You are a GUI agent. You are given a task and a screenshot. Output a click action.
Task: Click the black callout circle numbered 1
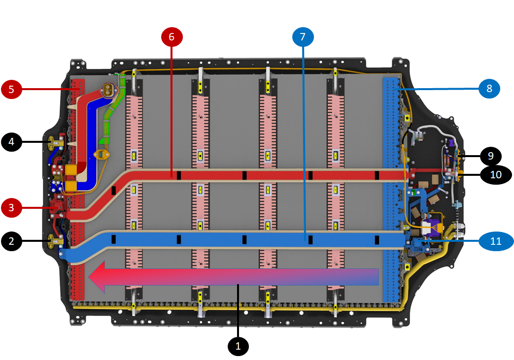pyautogui.click(x=238, y=346)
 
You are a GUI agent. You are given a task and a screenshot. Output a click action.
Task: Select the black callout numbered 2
pyautogui.click(x=11, y=241)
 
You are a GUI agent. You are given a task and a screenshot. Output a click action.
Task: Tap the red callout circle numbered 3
pyautogui.click(x=11, y=207)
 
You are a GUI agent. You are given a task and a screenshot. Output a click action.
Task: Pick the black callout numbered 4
pyautogui.click(x=11, y=143)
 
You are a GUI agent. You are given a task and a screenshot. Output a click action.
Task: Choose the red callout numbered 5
pyautogui.click(x=11, y=89)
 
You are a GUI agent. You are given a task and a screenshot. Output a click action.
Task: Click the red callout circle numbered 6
pyautogui.click(x=171, y=36)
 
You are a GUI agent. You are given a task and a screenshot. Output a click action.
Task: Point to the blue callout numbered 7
pyautogui.click(x=303, y=36)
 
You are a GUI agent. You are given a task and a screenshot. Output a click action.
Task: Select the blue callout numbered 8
pyautogui.click(x=489, y=89)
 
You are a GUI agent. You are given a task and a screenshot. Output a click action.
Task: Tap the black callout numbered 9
pyautogui.click(x=491, y=156)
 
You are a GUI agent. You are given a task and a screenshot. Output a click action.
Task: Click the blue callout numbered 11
pyautogui.click(x=496, y=241)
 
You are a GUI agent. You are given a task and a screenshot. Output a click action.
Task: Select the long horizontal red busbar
pyautogui.click(x=276, y=175)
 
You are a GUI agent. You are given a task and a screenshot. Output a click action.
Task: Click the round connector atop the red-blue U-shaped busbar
pyautogui.click(x=107, y=90)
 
